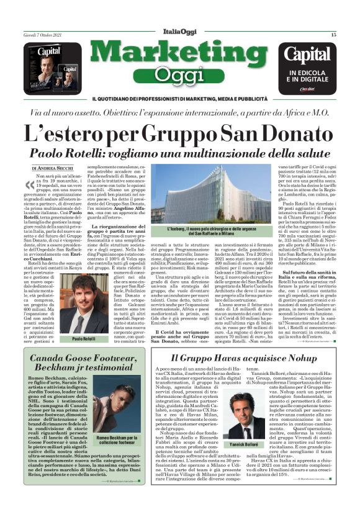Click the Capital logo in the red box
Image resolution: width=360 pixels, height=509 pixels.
pos(316,55)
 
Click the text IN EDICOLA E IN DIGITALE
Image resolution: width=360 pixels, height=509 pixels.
pos(317,75)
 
